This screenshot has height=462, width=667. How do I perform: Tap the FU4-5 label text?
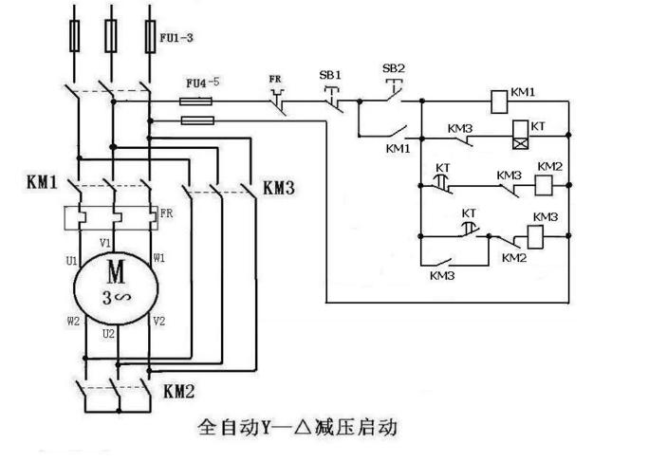tap(201, 83)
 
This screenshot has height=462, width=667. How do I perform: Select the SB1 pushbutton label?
tap(330, 74)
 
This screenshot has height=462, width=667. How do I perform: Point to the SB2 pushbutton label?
tap(394, 68)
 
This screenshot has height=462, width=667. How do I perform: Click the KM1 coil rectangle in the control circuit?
tap(497, 96)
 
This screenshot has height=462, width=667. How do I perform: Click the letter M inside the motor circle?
tap(115, 273)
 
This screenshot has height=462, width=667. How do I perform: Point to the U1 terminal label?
tap(71, 257)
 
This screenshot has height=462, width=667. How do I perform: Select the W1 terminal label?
tap(159, 257)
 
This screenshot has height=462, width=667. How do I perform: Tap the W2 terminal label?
tap(73, 321)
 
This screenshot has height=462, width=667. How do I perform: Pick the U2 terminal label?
tap(109, 334)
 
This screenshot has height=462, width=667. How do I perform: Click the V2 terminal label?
tap(158, 321)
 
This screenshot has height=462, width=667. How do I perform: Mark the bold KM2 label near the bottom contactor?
tap(180, 390)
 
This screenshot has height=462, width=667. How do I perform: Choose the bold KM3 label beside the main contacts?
tap(278, 188)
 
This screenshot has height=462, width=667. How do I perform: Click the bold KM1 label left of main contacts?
tap(42, 180)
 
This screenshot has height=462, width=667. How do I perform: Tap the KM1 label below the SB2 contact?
tap(398, 149)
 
